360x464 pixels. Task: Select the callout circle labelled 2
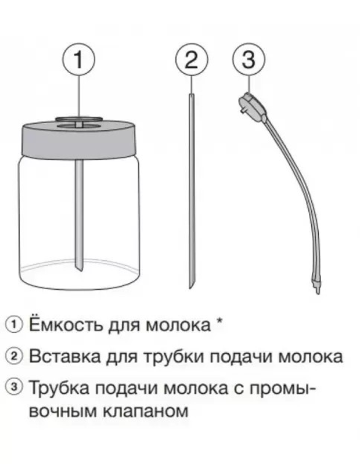click(x=191, y=59)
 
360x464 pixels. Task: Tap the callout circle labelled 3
click(x=249, y=59)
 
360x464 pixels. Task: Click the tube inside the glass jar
click(x=79, y=221)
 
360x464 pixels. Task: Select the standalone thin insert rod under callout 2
click(x=191, y=192)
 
